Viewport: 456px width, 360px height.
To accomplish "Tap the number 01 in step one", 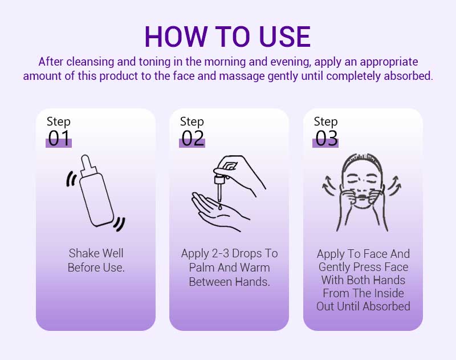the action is (x=59, y=138).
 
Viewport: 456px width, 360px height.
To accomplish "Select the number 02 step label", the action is (x=193, y=138).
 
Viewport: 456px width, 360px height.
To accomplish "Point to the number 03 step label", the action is (x=326, y=138).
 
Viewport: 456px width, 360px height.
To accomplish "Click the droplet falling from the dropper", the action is (x=220, y=207).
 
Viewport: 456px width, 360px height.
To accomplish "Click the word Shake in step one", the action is (x=83, y=253).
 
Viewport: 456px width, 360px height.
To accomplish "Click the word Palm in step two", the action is (x=201, y=268).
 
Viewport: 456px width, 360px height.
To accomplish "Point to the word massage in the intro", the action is (x=242, y=76).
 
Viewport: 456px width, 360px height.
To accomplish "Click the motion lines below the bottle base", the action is (x=119, y=224).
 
